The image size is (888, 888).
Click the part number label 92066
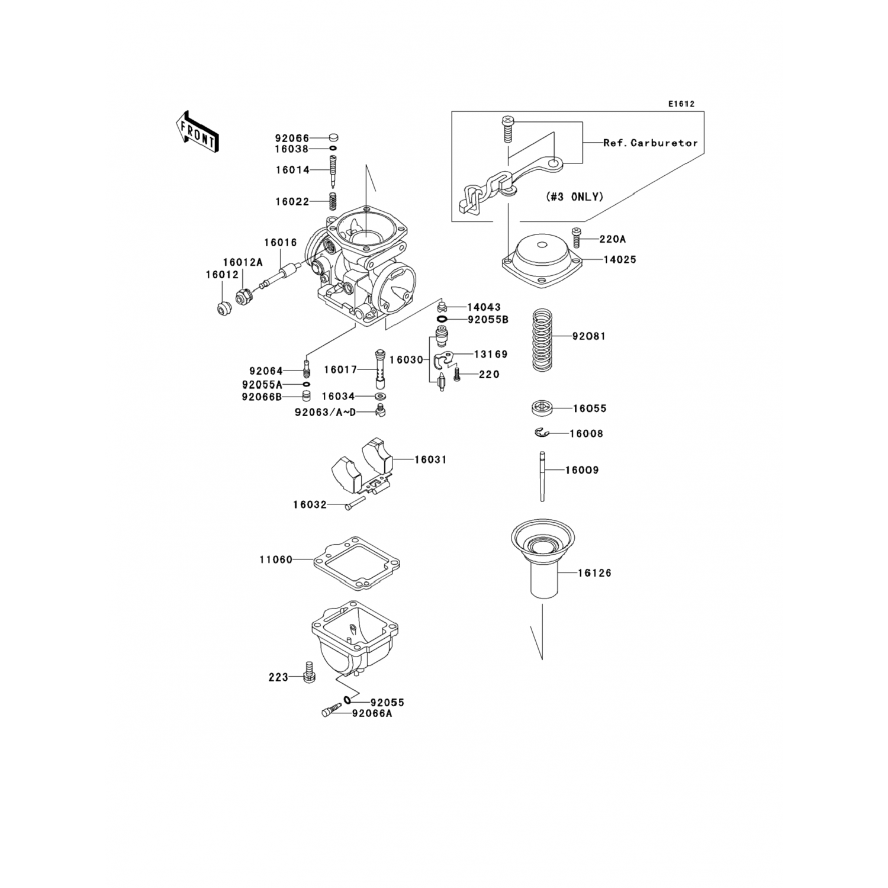(x=292, y=139)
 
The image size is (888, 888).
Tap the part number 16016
(x=281, y=242)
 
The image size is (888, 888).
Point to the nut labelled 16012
(x=223, y=309)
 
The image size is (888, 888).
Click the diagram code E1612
(x=681, y=104)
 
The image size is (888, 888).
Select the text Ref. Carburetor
(x=651, y=143)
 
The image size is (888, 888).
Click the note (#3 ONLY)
(x=574, y=197)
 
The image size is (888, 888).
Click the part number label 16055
(x=590, y=408)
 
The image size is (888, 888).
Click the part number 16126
(x=595, y=573)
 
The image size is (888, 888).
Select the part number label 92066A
(x=372, y=714)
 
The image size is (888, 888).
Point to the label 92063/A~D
(x=326, y=412)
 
